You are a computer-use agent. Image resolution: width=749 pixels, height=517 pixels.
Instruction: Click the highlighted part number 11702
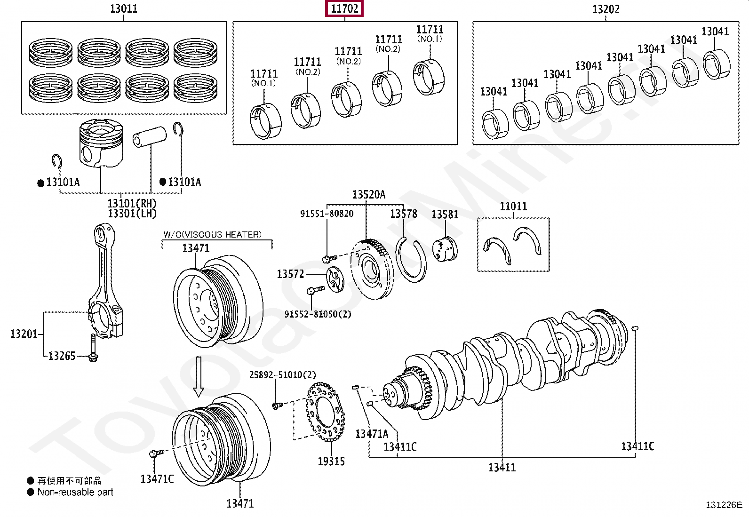tap(344, 8)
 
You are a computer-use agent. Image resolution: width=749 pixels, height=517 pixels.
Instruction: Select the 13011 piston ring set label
tap(123, 8)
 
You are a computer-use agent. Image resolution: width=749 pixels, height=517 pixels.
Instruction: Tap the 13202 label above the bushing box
tap(606, 9)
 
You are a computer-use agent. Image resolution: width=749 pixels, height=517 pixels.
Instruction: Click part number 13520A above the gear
tap(368, 195)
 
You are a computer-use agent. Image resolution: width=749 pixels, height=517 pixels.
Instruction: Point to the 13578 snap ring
tap(412, 261)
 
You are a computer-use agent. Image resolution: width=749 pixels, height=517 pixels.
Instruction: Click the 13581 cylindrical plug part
tap(445, 249)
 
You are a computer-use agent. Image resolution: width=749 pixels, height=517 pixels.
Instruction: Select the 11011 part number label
tap(513, 207)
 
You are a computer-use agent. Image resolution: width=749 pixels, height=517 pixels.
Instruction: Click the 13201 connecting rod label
tap(24, 334)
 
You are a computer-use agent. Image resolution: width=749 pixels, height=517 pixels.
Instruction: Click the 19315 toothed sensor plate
tap(325, 412)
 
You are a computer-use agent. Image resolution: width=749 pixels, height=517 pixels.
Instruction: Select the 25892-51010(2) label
tap(282, 375)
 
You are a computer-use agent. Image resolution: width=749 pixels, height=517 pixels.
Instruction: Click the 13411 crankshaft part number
tap(502, 468)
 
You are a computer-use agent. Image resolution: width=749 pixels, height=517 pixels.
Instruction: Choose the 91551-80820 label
tap(327, 214)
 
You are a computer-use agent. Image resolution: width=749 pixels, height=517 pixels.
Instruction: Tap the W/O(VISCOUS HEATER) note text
tap(212, 235)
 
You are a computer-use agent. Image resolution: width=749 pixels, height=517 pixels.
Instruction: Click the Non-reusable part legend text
tap(75, 493)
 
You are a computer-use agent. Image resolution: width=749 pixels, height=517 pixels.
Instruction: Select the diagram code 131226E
tap(724, 505)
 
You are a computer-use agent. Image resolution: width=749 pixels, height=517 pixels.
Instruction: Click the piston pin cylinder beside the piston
tap(150, 136)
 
